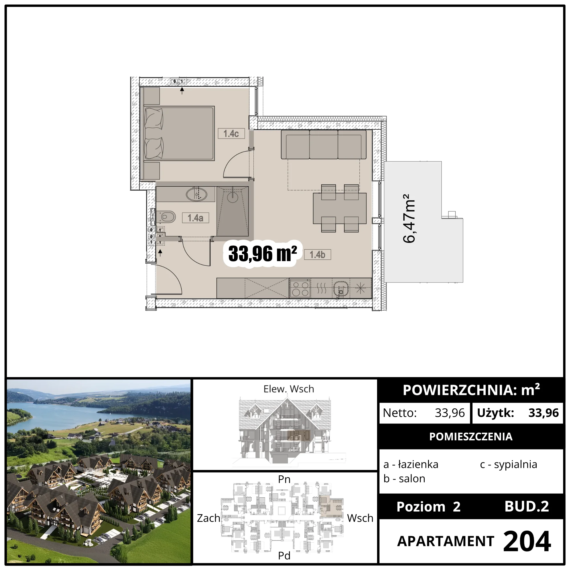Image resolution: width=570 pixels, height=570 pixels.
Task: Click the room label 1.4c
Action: point(231,134)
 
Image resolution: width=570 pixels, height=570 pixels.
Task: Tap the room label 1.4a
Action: point(195,218)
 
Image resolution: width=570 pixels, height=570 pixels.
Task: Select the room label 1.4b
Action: point(317,255)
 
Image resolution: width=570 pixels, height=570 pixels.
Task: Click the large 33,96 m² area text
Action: point(262,253)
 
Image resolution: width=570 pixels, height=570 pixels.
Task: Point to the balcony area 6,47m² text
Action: point(409,218)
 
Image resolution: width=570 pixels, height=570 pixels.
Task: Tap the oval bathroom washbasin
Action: point(196,194)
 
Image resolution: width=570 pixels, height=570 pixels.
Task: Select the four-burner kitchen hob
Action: point(300,288)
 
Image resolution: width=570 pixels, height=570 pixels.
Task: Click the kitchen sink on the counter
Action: point(341,288)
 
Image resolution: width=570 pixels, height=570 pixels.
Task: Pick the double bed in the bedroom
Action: point(179,133)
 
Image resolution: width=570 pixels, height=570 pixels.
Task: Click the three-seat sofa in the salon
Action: point(324,144)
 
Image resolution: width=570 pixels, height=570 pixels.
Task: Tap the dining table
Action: point(340,208)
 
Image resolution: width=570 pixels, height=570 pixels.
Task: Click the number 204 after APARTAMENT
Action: point(527,541)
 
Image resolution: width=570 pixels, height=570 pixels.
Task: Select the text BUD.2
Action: point(527,506)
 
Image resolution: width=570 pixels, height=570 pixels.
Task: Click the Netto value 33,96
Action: point(450,413)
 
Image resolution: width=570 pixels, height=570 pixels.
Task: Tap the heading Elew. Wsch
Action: point(288,389)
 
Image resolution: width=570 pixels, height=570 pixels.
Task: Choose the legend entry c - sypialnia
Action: point(508,464)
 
